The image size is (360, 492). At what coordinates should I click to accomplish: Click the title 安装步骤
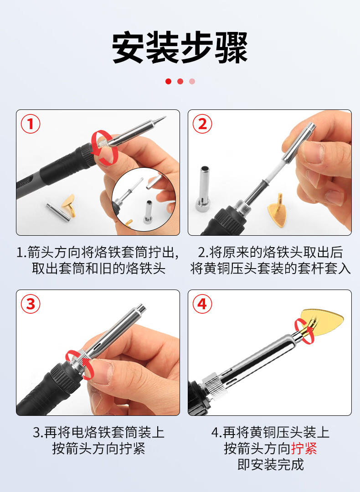[180, 47]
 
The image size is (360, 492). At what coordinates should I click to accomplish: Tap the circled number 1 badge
[31, 124]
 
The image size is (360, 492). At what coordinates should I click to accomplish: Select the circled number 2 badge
[202, 124]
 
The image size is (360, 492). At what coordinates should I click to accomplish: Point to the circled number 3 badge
[31, 304]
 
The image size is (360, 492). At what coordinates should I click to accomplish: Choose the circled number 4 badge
[202, 304]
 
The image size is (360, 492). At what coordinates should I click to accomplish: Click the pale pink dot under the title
[192, 81]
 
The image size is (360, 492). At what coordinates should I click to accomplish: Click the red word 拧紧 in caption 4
[304, 448]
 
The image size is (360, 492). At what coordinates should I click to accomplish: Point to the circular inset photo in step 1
[144, 199]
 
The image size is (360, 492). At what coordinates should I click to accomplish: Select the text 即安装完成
[271, 465]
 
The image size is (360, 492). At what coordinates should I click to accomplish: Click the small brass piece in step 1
[69, 204]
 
